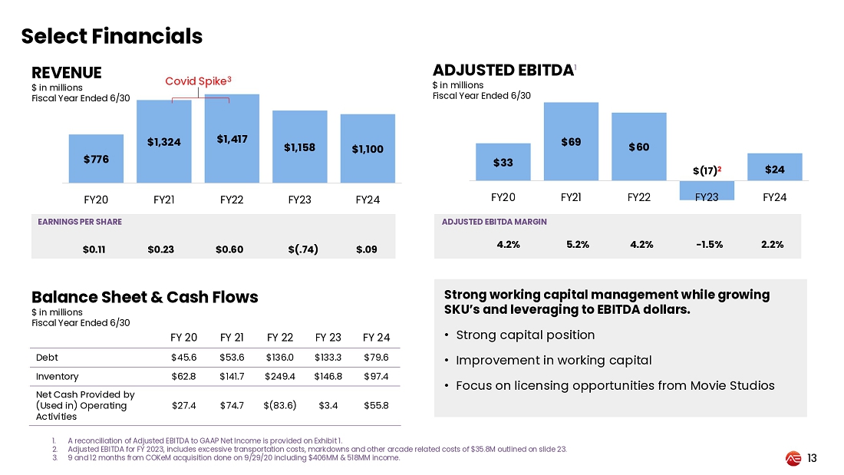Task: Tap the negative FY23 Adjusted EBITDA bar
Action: [x=707, y=190]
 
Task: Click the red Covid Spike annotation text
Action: [x=199, y=80]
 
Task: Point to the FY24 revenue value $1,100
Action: [x=368, y=149]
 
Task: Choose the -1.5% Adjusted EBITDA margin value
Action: [x=707, y=244]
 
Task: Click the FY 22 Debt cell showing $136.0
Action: [x=280, y=358]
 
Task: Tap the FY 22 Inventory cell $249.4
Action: [x=280, y=377]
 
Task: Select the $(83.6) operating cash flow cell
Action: [x=280, y=405]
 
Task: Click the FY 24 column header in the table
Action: [x=376, y=338]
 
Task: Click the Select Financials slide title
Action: [x=112, y=36]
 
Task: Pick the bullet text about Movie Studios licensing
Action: [x=615, y=385]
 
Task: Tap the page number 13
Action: [x=812, y=458]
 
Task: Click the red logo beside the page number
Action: [x=793, y=458]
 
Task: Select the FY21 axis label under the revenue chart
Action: [x=163, y=200]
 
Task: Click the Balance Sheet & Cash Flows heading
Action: [x=144, y=297]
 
